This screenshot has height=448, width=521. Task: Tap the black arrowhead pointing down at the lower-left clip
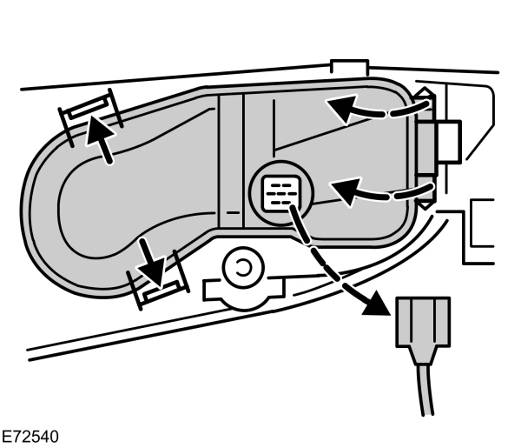click(155, 275)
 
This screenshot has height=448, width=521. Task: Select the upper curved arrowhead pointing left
click(341, 109)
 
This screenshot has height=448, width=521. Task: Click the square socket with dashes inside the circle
click(280, 192)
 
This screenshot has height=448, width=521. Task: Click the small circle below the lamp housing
click(243, 267)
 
